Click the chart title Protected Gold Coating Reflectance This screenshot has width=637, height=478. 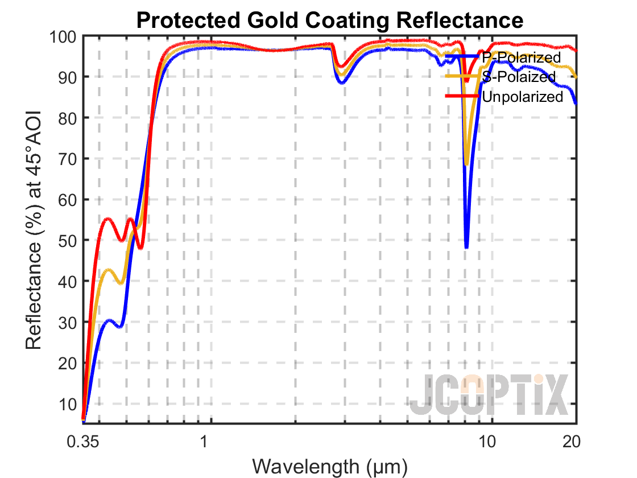[x=329, y=20]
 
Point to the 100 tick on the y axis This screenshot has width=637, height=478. [x=63, y=36]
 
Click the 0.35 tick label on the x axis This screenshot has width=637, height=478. [x=83, y=442]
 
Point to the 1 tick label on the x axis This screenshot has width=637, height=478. [x=204, y=442]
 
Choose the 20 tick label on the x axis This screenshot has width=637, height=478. [x=570, y=442]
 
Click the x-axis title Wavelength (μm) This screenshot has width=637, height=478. [x=330, y=466]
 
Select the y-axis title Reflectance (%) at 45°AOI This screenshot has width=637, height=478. [x=35, y=230]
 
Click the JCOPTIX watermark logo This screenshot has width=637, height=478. [x=489, y=395]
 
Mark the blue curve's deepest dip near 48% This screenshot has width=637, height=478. [x=466, y=248]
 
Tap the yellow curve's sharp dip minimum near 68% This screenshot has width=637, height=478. [x=467, y=164]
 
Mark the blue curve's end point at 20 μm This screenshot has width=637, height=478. [x=576, y=104]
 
